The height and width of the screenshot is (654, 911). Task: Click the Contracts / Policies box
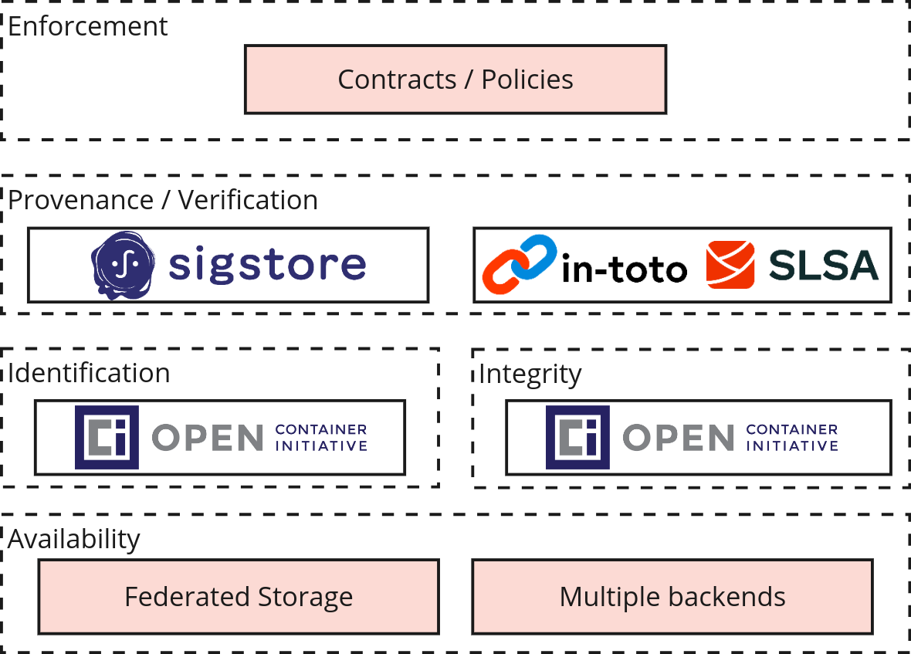455,80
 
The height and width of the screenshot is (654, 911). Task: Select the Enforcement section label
87,26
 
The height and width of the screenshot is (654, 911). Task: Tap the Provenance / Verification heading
163,200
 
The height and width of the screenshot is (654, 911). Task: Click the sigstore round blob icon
123,265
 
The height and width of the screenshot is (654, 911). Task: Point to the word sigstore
267,265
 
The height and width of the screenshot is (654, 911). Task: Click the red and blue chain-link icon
520,264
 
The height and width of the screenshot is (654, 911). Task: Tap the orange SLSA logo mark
730,265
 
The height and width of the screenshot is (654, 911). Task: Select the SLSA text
824,266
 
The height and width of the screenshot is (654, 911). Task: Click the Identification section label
89,373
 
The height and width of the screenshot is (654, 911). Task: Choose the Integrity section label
530,374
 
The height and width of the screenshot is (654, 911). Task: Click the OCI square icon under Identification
107,437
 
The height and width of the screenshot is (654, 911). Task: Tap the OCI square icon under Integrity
577,437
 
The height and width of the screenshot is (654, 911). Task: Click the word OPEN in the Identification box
208,438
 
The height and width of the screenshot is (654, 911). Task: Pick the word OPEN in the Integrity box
679,438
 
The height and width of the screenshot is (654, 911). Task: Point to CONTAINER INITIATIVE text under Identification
321,438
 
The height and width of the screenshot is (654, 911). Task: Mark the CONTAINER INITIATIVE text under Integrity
792,438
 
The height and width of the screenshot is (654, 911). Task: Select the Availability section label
74,539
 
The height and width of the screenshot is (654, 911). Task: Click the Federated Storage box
239,597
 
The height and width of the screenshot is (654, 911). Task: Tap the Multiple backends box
672,597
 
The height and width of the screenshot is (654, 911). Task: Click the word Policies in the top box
527,80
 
